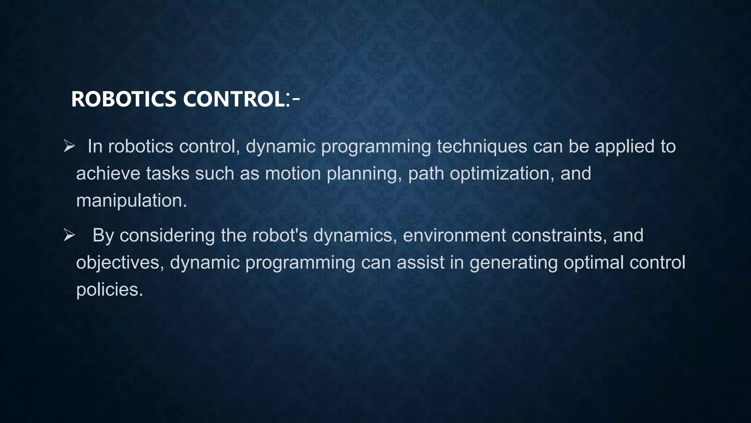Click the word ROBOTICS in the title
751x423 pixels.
[x=123, y=100]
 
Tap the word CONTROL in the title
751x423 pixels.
[x=233, y=100]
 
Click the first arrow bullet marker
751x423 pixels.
[x=69, y=146]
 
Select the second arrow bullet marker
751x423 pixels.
[x=69, y=235]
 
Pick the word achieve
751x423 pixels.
[x=108, y=173]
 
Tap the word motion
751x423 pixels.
[x=293, y=173]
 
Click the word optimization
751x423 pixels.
[x=502, y=173]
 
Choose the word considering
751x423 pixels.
[x=167, y=235]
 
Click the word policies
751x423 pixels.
[x=109, y=290]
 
